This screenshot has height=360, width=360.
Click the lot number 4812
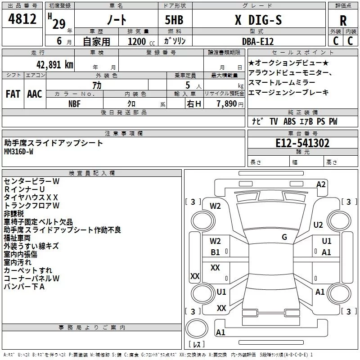(x=22, y=19)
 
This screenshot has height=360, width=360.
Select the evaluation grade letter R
(x=343, y=21)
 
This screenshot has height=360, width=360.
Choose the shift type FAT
(x=13, y=94)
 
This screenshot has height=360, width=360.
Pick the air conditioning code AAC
(x=35, y=94)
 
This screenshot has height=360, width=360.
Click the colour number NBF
(x=75, y=103)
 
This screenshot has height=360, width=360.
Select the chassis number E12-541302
(x=302, y=143)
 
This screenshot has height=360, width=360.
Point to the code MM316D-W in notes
(x=18, y=152)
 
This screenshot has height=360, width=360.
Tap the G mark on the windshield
(x=284, y=237)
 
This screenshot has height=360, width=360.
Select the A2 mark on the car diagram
(x=321, y=184)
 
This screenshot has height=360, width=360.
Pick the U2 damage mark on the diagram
(x=318, y=225)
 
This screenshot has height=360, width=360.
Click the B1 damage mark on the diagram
(x=216, y=252)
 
